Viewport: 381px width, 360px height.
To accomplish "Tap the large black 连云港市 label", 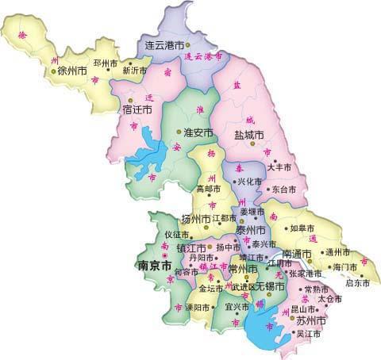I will pos(164,46).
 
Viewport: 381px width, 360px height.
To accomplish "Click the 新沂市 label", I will pos(134,70).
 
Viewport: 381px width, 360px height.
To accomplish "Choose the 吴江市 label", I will pos(307,334).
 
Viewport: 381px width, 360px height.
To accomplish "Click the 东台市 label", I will pos(283,190).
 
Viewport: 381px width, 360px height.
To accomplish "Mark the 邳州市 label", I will pos(106,62).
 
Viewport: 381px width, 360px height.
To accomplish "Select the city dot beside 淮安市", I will pos(178,132).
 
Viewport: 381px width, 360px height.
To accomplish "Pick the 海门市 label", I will pos(347,266).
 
